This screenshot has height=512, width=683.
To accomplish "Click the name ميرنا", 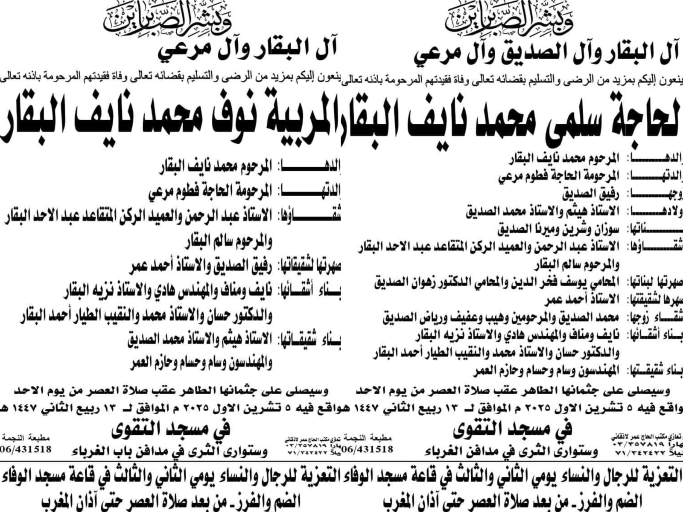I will click(x=531, y=230).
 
